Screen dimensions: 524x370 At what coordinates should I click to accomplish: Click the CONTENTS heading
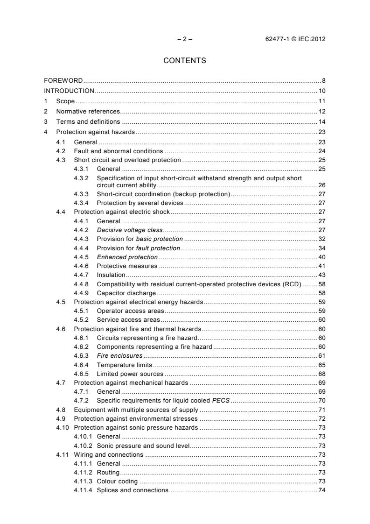[x=185, y=60]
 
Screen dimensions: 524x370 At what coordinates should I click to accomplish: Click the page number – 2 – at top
[x=185, y=39]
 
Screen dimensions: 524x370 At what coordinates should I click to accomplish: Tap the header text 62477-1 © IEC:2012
[x=295, y=39]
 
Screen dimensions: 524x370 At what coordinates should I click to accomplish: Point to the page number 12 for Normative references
[x=321, y=111]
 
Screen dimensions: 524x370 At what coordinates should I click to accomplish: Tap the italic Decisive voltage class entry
[x=129, y=230]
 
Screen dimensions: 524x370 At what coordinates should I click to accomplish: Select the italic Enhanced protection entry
[x=127, y=257]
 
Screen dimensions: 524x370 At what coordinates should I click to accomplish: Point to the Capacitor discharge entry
[x=126, y=293]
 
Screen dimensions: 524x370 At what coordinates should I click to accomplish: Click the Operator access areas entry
[x=130, y=311]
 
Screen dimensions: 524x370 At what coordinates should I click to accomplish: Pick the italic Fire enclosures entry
[x=119, y=355]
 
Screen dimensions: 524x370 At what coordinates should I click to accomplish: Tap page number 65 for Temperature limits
[x=321, y=364]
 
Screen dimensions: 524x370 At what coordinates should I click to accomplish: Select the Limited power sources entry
[x=130, y=374]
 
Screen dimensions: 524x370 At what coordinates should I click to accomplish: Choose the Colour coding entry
[x=117, y=481]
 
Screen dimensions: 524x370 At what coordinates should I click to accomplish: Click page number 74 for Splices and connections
[x=321, y=490]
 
